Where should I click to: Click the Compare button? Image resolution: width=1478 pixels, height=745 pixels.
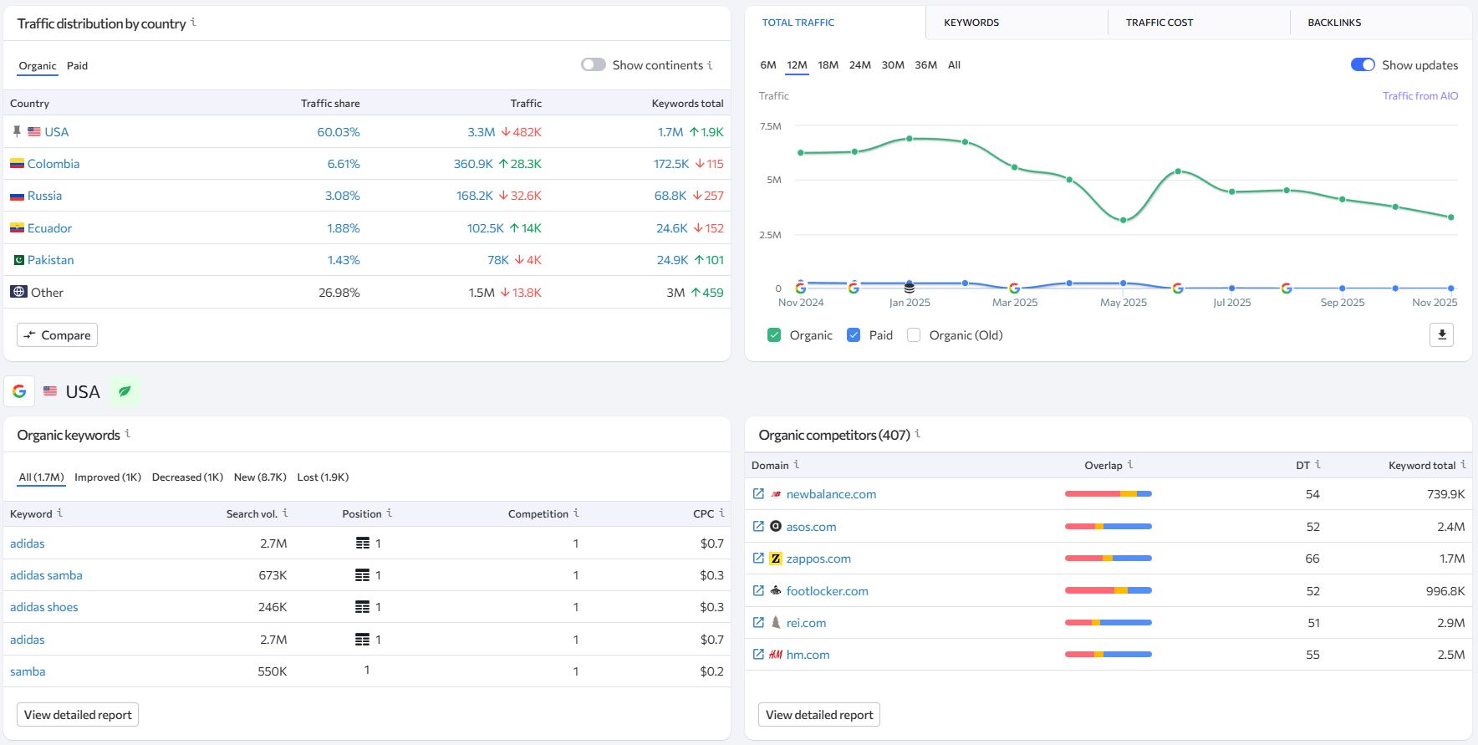click(57, 335)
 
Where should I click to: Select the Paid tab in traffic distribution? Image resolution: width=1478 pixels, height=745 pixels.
click(77, 66)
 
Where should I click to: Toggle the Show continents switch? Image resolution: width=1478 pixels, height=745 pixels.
click(594, 65)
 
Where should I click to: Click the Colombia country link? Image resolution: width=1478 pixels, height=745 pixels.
click(54, 164)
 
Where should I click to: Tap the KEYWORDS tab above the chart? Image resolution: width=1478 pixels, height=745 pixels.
click(971, 23)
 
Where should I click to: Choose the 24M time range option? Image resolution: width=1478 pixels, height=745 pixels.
click(859, 65)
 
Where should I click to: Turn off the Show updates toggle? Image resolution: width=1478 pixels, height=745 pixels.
click(1363, 65)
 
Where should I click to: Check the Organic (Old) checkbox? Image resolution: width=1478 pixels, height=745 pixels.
click(914, 335)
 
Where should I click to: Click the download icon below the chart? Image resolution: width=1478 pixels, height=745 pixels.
click(1441, 335)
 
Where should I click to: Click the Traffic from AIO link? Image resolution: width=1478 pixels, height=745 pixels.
click(1419, 96)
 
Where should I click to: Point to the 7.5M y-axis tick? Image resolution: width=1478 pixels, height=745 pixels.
click(770, 126)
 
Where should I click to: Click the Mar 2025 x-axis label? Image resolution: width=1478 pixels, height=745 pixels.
click(1014, 303)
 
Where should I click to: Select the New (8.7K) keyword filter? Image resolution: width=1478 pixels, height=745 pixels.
click(260, 477)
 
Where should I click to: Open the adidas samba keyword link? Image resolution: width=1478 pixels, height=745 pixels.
click(46, 575)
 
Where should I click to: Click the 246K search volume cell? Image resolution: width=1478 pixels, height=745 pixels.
click(273, 607)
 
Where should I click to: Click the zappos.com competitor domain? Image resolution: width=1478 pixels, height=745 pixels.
click(818, 559)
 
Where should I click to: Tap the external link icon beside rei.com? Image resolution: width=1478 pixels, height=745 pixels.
click(758, 623)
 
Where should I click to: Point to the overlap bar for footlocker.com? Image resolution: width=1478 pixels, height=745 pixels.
click(1108, 591)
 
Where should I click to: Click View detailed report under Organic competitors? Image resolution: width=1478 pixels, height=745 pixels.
click(818, 715)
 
